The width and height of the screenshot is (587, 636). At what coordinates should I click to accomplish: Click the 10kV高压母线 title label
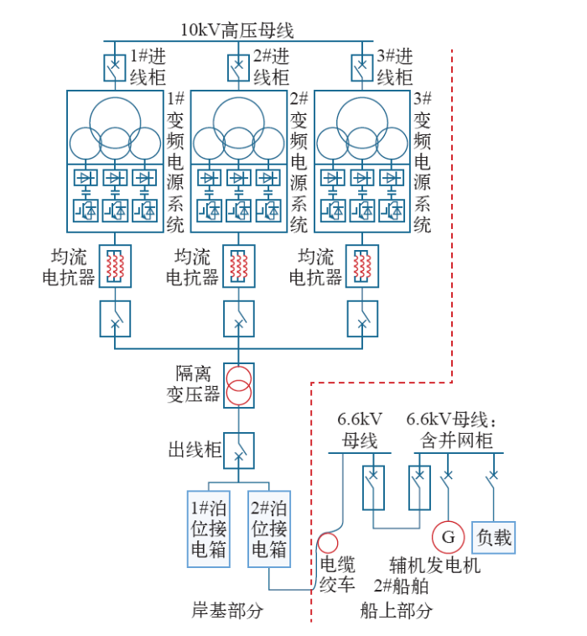tap(237, 31)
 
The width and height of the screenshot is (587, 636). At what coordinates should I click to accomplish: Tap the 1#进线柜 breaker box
tap(115, 66)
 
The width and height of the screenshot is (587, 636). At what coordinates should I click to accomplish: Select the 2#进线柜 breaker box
tap(239, 66)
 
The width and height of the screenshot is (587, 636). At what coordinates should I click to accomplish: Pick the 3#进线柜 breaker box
tap(362, 66)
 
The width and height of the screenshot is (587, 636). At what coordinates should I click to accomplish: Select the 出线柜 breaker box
tap(239, 451)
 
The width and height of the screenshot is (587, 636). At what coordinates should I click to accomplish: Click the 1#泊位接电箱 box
tap(208, 529)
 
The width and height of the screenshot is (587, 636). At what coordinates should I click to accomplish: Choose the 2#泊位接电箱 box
tap(269, 529)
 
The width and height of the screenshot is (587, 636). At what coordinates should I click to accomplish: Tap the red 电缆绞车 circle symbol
tap(327, 544)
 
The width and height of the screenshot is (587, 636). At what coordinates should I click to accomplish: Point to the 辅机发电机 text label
tap(435, 566)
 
